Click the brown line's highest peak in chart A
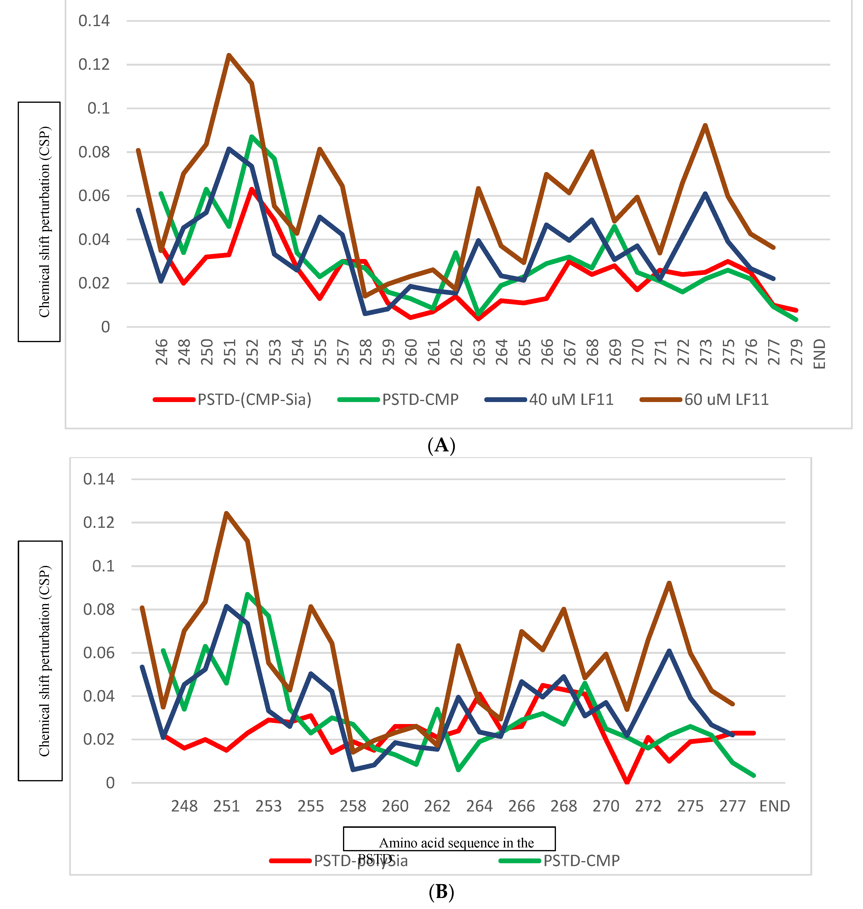pyautogui.click(x=229, y=55)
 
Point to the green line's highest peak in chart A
pyautogui.click(x=252, y=136)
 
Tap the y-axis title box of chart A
pyautogui.click(x=39, y=222)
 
